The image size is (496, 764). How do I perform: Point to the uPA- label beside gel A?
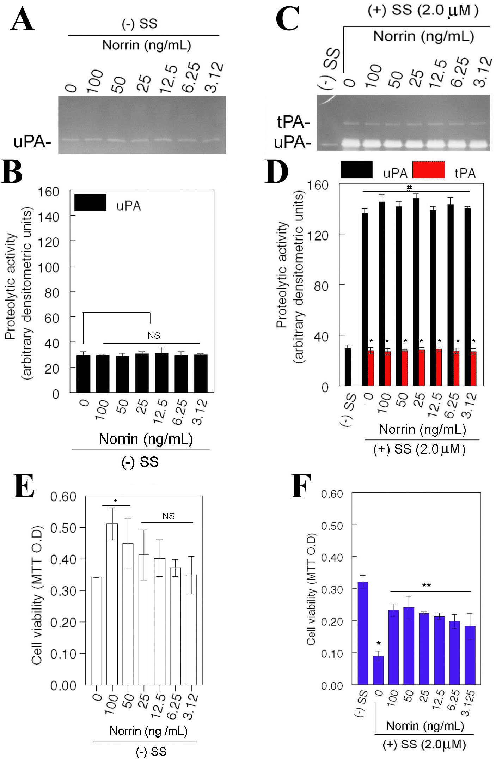tap(32, 142)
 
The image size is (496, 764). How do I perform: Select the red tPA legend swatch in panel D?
tap(428, 170)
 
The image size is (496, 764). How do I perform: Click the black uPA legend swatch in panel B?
tap(90, 202)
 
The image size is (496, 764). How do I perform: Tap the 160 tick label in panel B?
tap(49, 192)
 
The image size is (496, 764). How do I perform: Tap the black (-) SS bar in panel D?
tap(348, 367)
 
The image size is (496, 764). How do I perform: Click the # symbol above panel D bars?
tap(409, 188)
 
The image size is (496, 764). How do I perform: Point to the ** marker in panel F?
tap(427, 586)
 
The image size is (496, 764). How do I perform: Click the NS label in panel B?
tap(154, 335)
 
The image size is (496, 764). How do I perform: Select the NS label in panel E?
tap(169, 516)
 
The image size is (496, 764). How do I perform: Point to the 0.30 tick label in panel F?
tap(332, 588)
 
